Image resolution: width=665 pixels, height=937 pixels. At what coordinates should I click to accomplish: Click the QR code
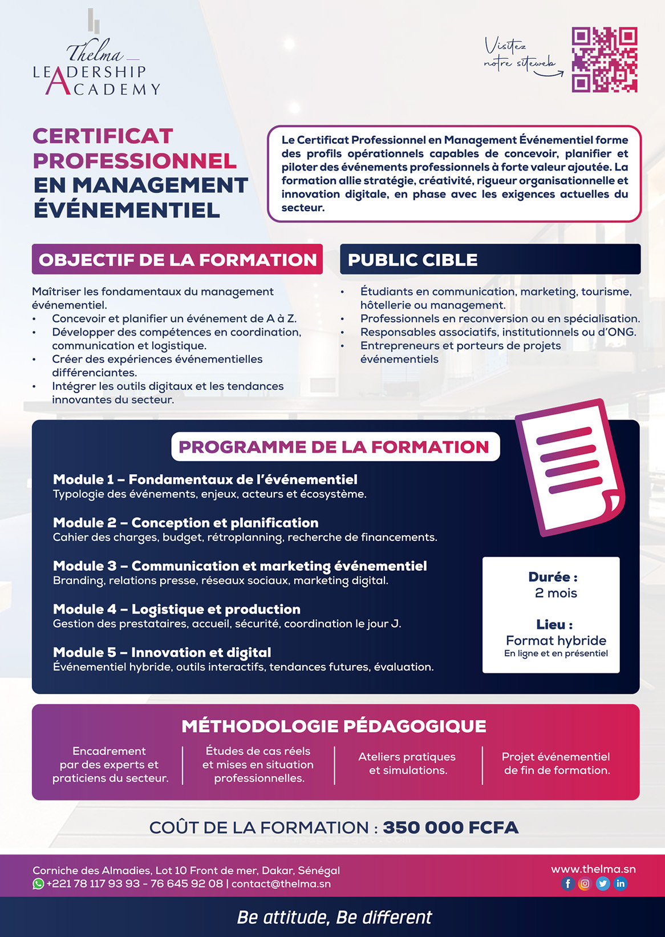(x=604, y=59)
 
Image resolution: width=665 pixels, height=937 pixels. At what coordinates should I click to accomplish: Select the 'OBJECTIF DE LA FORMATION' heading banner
(x=177, y=260)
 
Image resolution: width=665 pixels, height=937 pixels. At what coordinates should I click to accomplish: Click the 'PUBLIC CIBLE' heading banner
(x=490, y=260)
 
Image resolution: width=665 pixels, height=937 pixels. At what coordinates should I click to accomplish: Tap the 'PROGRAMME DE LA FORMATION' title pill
(x=335, y=447)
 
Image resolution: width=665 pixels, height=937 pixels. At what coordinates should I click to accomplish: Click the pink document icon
(x=570, y=467)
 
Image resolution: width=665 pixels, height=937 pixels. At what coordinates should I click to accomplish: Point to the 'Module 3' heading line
(x=240, y=566)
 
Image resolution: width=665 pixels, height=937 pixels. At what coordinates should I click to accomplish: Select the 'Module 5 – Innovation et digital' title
(x=162, y=652)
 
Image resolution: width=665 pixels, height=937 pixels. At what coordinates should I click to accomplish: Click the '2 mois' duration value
(x=555, y=593)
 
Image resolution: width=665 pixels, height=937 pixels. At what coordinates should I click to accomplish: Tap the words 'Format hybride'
(x=555, y=640)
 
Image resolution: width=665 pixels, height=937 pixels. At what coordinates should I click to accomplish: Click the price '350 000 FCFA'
(x=451, y=827)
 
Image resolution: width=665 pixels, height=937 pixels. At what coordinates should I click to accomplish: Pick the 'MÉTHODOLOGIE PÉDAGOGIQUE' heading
(x=334, y=726)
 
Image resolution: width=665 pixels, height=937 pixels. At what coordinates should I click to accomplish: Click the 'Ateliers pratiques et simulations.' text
(x=407, y=764)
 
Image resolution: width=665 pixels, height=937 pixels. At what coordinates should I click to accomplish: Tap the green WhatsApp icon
(x=38, y=884)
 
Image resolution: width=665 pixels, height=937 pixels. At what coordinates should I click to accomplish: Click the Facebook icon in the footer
(x=567, y=884)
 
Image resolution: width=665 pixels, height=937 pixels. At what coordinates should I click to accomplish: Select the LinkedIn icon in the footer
(x=620, y=884)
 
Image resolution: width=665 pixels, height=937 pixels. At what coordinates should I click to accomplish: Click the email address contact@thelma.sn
(x=281, y=884)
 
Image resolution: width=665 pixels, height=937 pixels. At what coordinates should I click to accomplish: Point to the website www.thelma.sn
(x=593, y=869)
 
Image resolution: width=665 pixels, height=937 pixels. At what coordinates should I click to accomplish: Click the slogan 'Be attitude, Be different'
(x=334, y=917)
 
